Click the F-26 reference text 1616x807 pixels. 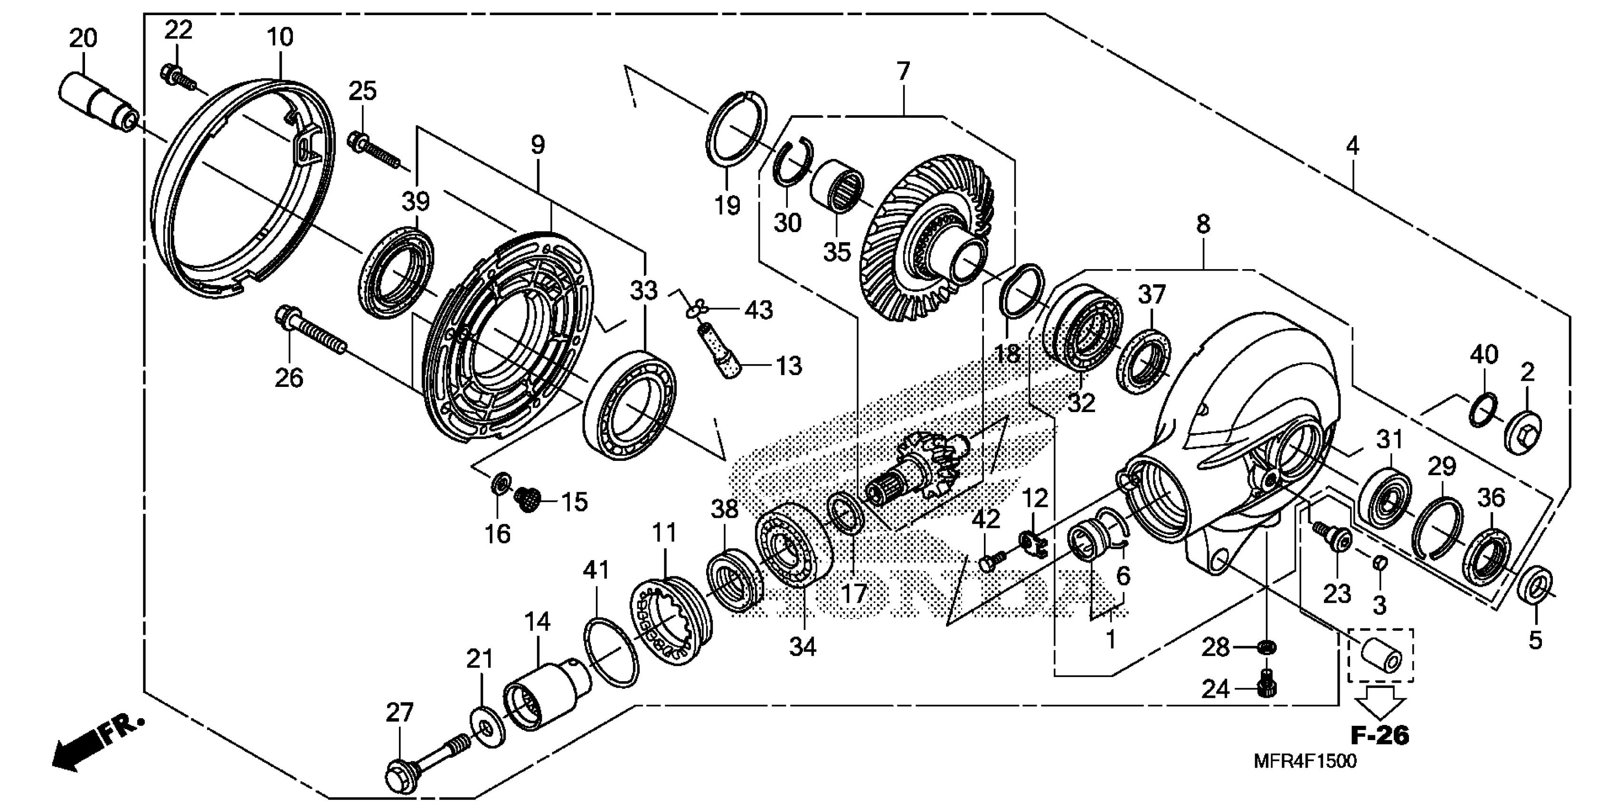click(x=1380, y=735)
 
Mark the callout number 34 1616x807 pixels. click(x=803, y=646)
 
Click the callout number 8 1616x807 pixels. click(x=1202, y=224)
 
